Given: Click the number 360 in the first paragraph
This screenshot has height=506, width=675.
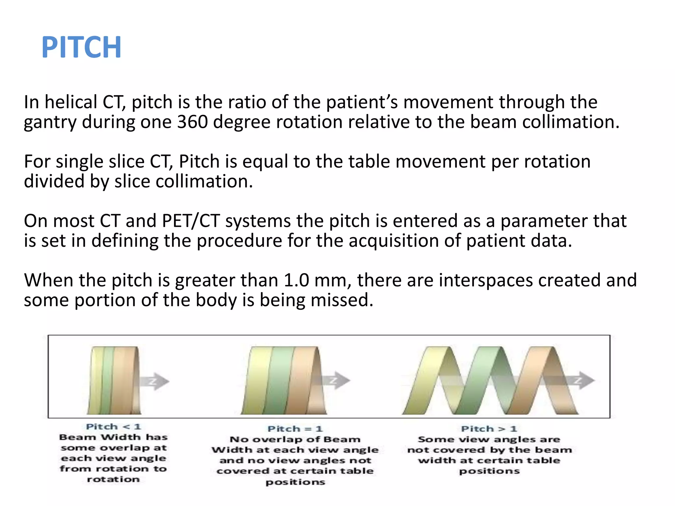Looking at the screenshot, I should click(x=192, y=122).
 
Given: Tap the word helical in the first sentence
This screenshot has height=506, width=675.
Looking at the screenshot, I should click(x=71, y=102).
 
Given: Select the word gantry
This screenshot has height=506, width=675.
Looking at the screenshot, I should click(x=50, y=123).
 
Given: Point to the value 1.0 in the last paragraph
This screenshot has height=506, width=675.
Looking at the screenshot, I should click(x=296, y=280).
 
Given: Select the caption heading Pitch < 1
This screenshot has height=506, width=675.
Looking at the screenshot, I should click(x=113, y=427).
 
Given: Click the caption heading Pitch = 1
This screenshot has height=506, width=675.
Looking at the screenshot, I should click(x=295, y=429).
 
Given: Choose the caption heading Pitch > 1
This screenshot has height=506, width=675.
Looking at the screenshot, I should click(x=489, y=429).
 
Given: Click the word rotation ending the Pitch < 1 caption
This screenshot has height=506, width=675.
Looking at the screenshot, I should click(x=113, y=479).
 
